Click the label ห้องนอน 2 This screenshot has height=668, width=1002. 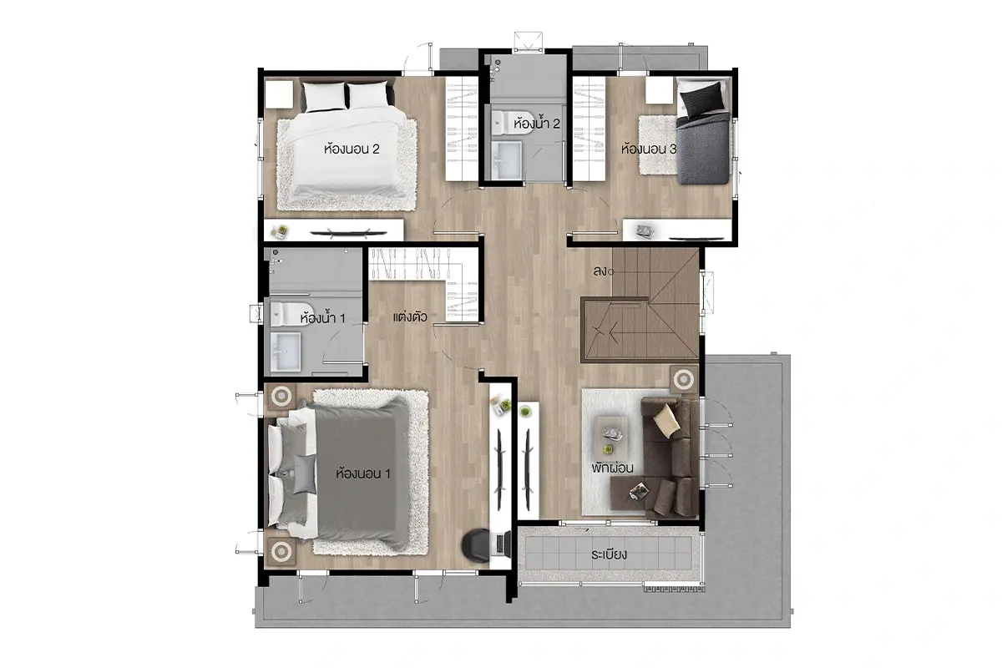[x=352, y=149]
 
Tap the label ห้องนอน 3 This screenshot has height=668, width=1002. [x=649, y=149]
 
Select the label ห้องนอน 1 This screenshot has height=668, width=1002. [x=363, y=473]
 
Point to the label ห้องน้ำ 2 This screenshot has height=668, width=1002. [x=537, y=123]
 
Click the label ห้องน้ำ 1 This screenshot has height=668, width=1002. [x=322, y=317]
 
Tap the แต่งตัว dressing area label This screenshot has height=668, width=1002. [x=410, y=317]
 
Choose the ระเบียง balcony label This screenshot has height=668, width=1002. [x=609, y=554]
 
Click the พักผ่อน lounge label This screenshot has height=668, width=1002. [x=612, y=468]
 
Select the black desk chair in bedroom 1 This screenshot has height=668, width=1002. [x=475, y=545]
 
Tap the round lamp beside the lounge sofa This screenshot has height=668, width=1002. [x=684, y=380]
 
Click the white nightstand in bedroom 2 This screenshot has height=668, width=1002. [x=279, y=94]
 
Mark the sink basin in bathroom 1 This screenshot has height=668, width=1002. [x=286, y=352]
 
